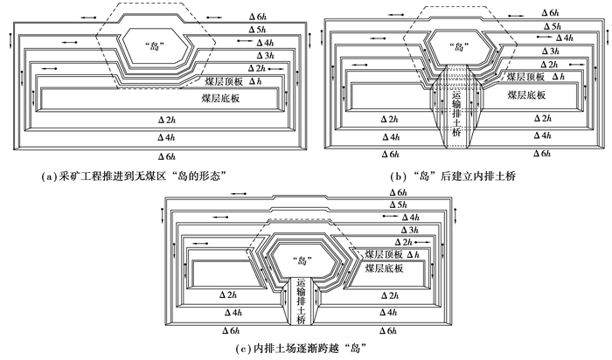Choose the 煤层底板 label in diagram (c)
point(383,270)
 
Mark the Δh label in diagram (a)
point(255,80)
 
